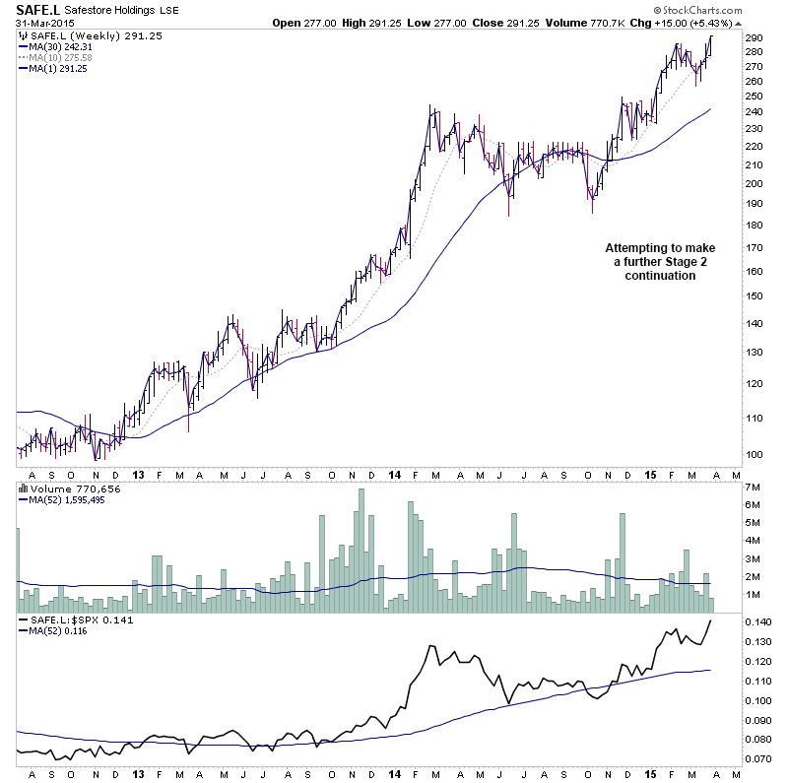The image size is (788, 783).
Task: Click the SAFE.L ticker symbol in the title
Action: pos(34,11)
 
